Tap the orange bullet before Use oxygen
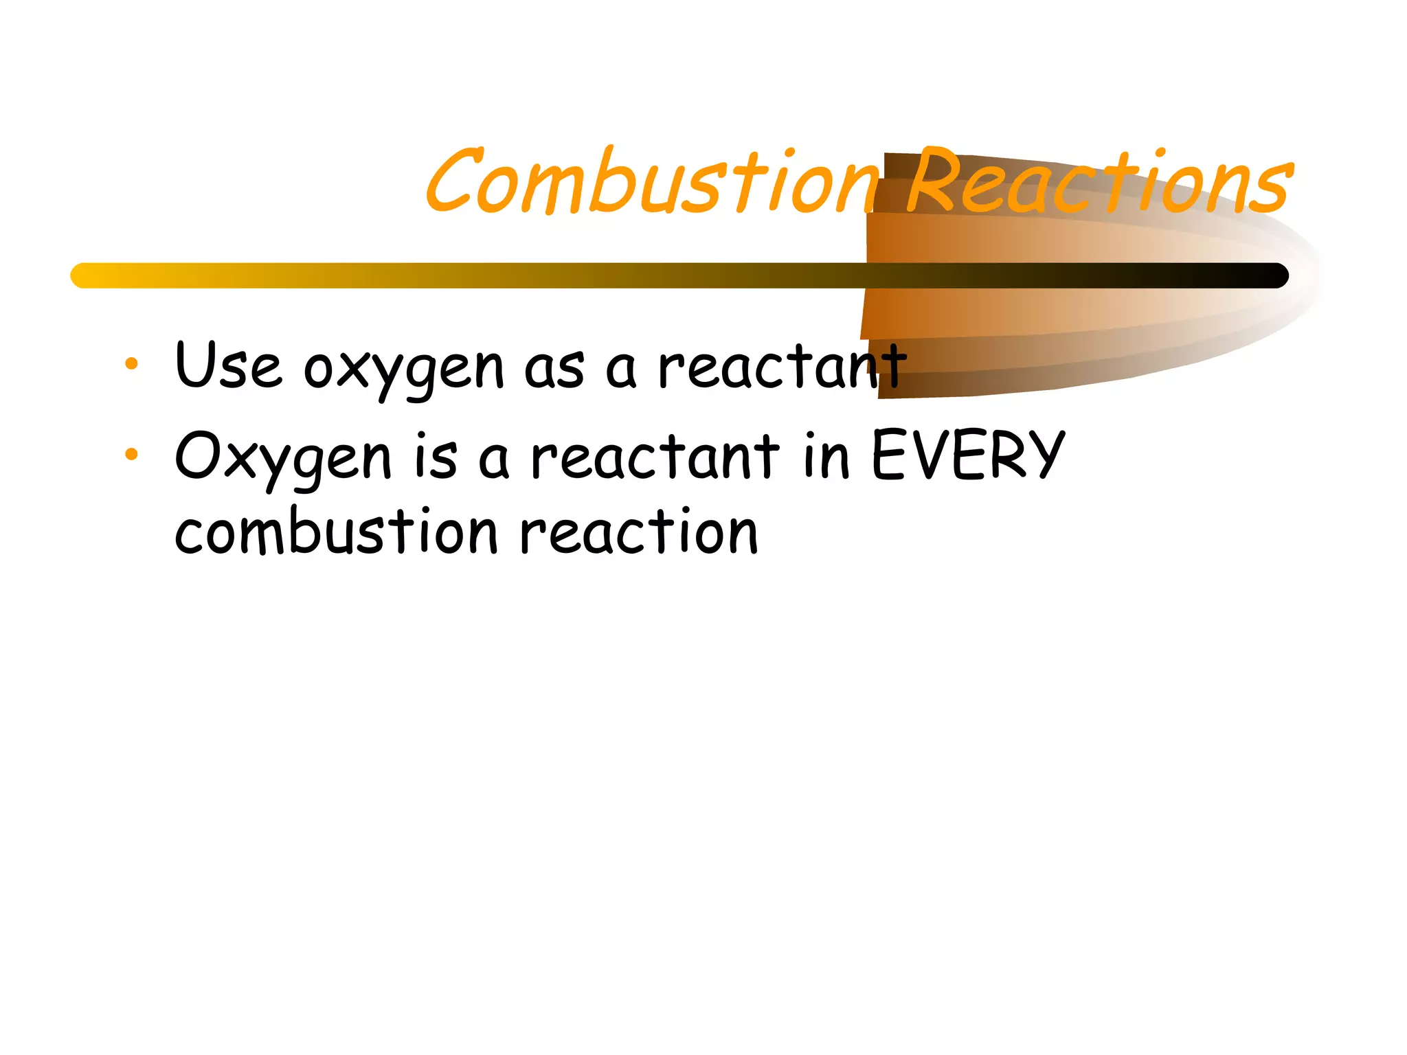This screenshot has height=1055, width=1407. [131, 364]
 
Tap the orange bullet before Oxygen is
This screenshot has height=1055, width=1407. [131, 454]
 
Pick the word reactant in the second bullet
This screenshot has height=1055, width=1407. [655, 456]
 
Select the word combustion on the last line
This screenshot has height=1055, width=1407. [336, 532]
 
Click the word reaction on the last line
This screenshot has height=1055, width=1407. [639, 532]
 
